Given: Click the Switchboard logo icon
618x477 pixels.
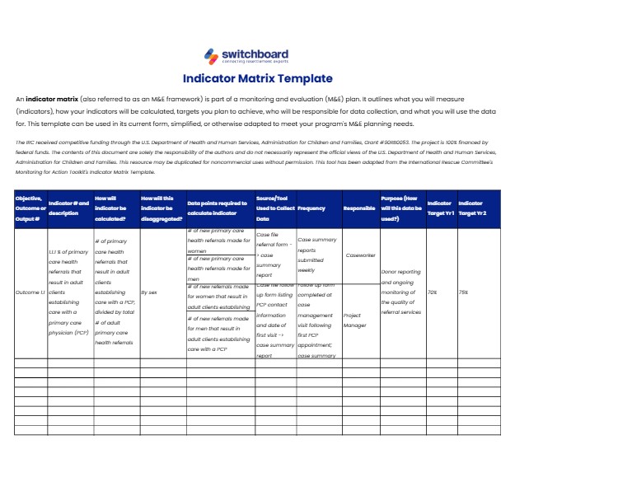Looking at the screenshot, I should [x=211, y=54].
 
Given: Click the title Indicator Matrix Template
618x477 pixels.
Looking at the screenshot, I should [x=257, y=79].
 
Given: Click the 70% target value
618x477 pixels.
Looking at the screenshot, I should [x=433, y=292].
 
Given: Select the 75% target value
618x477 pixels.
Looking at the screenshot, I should [x=464, y=292].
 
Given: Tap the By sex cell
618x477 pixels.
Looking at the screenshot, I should [x=150, y=292].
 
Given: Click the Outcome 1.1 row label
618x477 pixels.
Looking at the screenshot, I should [x=30, y=292].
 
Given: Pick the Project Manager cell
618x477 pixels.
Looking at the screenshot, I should [x=353, y=320].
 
